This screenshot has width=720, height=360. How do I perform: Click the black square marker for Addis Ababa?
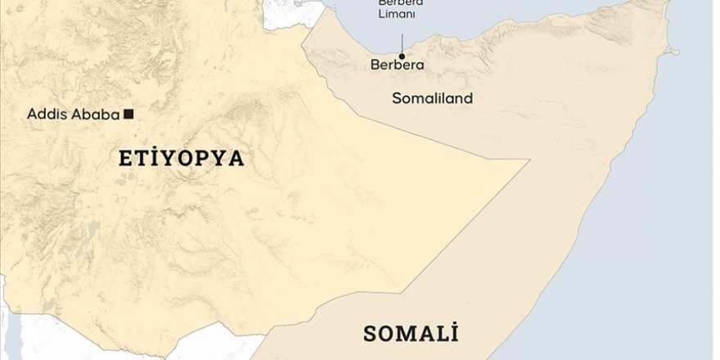point(128,114)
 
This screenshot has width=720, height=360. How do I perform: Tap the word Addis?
point(46,115)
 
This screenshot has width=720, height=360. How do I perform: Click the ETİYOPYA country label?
point(182,159)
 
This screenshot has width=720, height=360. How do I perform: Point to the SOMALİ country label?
point(411,334)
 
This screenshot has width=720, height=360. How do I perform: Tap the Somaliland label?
point(432,99)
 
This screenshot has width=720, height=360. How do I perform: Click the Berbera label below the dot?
point(398,65)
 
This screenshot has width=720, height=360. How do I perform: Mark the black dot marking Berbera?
point(402,56)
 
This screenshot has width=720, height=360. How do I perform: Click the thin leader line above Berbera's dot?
point(402,43)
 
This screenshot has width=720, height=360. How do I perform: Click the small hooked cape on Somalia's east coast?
point(673,52)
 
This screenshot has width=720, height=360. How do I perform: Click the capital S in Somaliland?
point(396,99)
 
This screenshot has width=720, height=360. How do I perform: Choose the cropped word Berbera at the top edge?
point(400,3)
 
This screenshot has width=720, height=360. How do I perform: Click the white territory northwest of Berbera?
point(286,11)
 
